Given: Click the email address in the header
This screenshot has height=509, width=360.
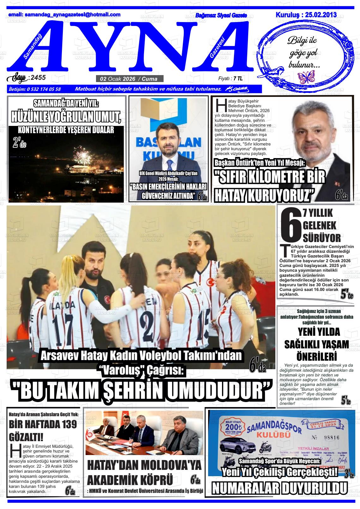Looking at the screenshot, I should [x=64, y=15].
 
